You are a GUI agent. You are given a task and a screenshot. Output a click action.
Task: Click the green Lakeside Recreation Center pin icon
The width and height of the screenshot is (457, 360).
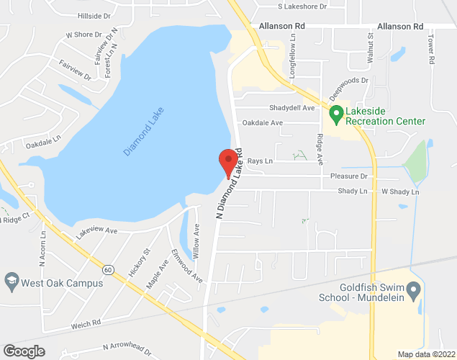click(335, 114)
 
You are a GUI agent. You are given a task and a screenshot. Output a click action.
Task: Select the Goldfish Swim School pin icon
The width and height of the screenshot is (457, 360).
click(413, 292)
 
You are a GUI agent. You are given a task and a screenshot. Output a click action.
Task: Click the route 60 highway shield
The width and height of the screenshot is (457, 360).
click(107, 269)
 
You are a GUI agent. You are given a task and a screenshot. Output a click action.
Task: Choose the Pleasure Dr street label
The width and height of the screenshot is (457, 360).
click(348, 176)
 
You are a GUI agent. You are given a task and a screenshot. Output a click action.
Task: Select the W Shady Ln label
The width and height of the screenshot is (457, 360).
click(399, 192)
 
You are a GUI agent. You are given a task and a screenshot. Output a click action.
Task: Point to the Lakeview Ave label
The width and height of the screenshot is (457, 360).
click(96, 230)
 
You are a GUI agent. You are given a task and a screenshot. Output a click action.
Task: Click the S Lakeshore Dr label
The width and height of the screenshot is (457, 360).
click(302, 6)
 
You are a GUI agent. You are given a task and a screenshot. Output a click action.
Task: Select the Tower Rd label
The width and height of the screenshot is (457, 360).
click(431, 49)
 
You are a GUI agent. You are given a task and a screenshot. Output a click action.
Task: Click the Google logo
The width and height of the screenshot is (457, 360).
click(23, 351)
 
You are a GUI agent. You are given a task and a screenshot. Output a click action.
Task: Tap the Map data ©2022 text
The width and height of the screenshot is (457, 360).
click(427, 354)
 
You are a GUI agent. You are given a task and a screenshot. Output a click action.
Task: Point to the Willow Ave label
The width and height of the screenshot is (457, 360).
click(196, 240)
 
